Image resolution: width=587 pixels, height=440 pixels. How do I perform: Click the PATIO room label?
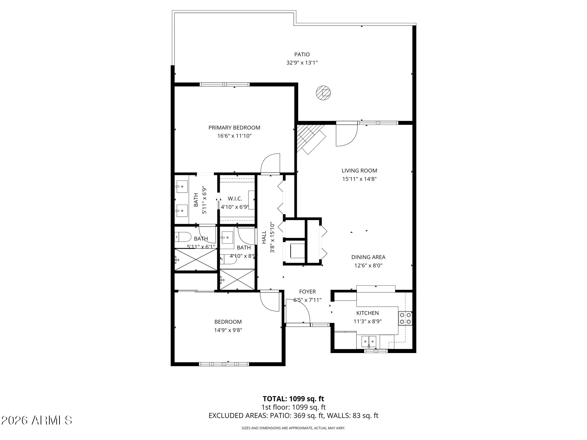point(302,54)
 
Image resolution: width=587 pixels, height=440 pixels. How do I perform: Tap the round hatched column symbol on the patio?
point(324,92)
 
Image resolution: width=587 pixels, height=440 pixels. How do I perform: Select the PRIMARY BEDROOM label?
point(234,128)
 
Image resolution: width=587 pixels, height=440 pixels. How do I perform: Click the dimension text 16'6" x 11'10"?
point(234,136)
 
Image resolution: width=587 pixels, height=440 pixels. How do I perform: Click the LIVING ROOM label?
point(359,170)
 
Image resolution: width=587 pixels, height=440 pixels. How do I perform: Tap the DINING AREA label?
point(368,257)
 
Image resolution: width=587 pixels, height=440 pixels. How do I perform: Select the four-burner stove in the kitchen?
point(405,318)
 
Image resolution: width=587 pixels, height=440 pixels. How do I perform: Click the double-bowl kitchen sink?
point(369,341)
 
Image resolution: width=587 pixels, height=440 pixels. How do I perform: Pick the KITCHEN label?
point(367,313)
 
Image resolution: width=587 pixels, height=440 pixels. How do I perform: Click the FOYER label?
point(307,292)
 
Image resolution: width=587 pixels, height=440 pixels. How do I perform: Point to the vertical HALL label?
point(264,237)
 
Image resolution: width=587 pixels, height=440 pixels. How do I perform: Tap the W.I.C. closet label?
point(235,199)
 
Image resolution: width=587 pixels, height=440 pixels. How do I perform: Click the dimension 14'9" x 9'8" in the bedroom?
point(228,330)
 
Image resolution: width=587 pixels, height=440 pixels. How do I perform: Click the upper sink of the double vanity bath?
point(182,187)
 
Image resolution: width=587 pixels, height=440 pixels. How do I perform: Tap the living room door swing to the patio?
point(347,135)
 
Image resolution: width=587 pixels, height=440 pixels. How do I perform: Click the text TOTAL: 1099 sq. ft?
point(293,399)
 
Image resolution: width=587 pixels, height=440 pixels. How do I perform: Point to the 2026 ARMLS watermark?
point(37,420)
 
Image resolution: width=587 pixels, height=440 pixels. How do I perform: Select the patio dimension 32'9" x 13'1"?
point(302,63)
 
